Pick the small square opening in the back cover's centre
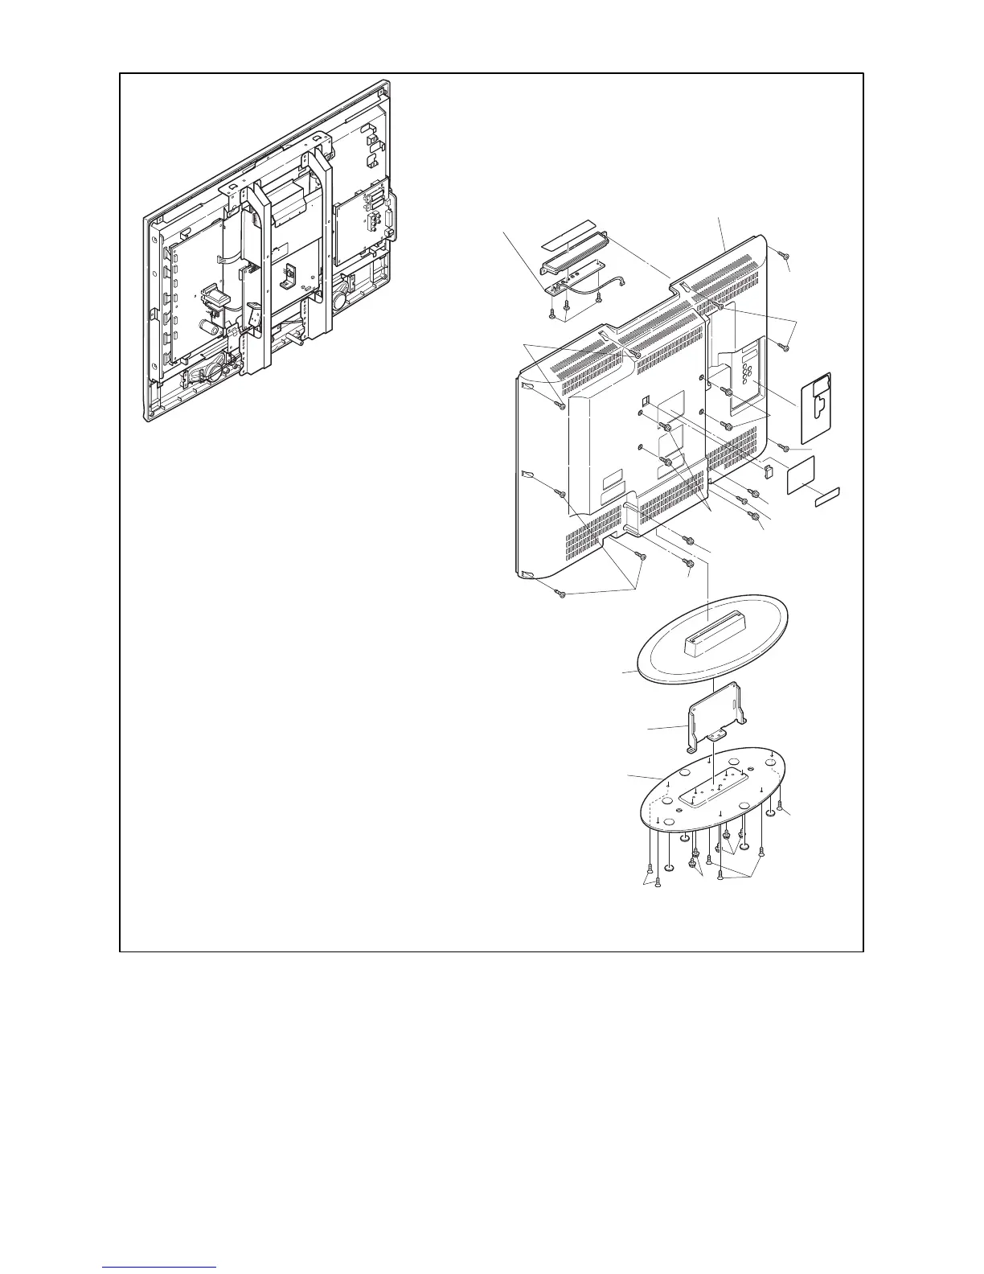pos(645,398)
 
